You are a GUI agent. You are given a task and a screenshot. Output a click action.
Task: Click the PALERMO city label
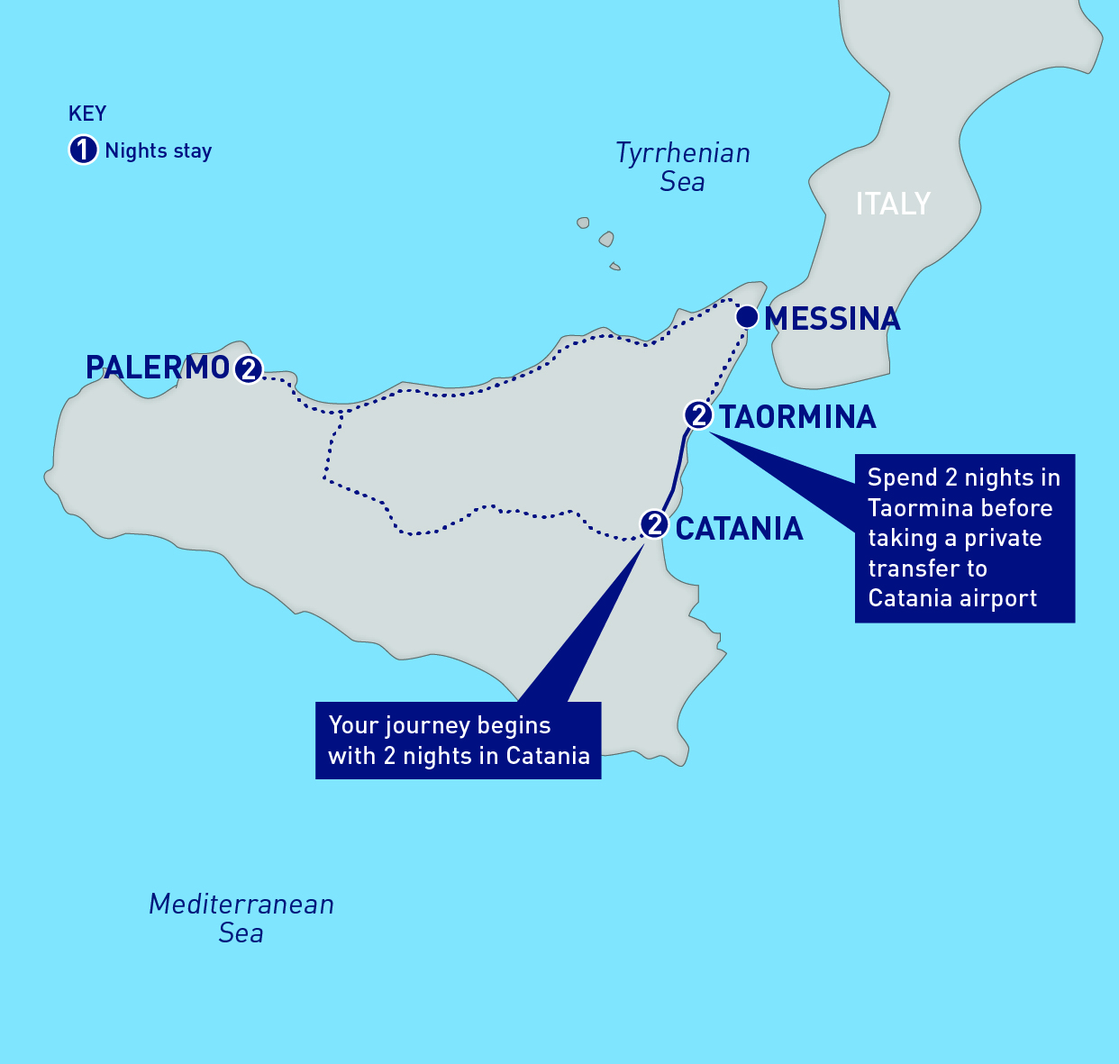[x=157, y=368]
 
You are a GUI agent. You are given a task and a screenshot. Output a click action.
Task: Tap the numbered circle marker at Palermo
[x=248, y=369]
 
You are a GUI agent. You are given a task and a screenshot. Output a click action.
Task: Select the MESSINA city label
[x=832, y=319]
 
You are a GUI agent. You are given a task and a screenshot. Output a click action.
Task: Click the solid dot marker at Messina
[x=746, y=317]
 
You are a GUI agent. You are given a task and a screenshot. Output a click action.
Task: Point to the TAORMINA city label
[x=796, y=417]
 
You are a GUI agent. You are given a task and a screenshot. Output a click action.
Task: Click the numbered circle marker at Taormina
[x=698, y=415]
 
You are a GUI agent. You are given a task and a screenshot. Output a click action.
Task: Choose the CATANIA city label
[x=739, y=529]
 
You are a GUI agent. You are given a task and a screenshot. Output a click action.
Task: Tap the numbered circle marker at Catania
[x=654, y=524]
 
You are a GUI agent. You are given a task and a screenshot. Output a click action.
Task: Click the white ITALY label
[x=892, y=204]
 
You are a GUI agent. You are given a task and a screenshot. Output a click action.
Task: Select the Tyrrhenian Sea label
[x=682, y=168]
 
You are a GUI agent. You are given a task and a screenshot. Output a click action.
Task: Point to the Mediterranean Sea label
[x=241, y=918]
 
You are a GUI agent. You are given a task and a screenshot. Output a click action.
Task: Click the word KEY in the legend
[x=87, y=114]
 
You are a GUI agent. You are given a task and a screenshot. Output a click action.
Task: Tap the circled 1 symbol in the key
[x=83, y=150]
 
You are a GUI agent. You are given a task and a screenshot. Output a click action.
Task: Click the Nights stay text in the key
[x=159, y=150]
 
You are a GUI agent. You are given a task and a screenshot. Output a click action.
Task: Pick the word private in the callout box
[x=1003, y=539]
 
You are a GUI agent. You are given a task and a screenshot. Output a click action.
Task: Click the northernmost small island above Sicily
[x=583, y=223]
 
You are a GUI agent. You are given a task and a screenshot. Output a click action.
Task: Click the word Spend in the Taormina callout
[x=900, y=478]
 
